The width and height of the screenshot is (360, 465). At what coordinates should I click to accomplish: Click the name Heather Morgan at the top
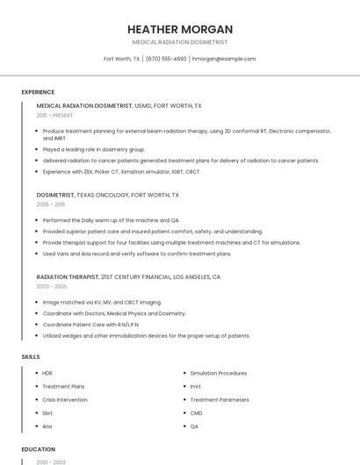coord(180,29)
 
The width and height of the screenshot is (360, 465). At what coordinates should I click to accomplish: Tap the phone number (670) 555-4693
coord(166,59)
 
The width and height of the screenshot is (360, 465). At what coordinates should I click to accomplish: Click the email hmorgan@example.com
coord(224,59)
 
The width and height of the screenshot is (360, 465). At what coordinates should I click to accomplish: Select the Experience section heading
coord(38,92)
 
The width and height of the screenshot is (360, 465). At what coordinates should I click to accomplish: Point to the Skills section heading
coord(31,357)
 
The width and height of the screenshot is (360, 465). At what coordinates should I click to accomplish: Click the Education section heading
coord(39,448)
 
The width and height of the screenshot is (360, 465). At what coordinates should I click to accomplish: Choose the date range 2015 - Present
coord(54,115)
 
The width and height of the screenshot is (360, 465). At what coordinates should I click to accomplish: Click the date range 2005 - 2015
coord(51,204)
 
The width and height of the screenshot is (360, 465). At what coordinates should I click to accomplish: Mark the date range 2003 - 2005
coord(52,286)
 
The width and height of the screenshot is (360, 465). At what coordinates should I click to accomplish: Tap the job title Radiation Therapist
coord(68,276)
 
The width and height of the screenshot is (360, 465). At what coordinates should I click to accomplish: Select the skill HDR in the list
coord(47,373)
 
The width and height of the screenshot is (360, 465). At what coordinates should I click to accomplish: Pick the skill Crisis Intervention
coord(65,399)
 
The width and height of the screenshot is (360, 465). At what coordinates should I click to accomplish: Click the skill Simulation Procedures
coord(219,373)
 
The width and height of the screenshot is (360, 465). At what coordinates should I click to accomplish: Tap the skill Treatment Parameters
coord(220,399)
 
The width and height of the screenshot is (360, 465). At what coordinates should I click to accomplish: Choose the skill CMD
coord(196,412)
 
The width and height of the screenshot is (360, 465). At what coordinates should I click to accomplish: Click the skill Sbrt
coord(47,412)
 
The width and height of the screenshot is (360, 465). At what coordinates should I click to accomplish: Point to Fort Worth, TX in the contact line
coord(122,59)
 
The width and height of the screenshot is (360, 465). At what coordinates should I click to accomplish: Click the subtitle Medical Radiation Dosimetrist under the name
coord(180,42)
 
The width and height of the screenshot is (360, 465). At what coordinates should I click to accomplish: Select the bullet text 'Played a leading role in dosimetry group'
coord(94,149)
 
